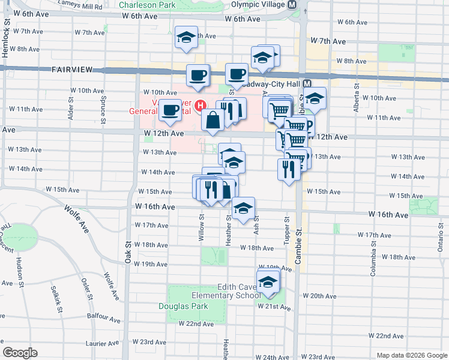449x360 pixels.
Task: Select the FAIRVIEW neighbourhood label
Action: pyautogui.click(x=72, y=70)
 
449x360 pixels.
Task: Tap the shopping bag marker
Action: pyautogui.click(x=212, y=120)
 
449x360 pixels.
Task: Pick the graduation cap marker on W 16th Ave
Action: pyautogui.click(x=243, y=209)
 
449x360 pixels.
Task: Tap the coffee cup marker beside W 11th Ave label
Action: pyautogui.click(x=171, y=110)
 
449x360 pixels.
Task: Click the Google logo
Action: pyautogui.click(x=20, y=353)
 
